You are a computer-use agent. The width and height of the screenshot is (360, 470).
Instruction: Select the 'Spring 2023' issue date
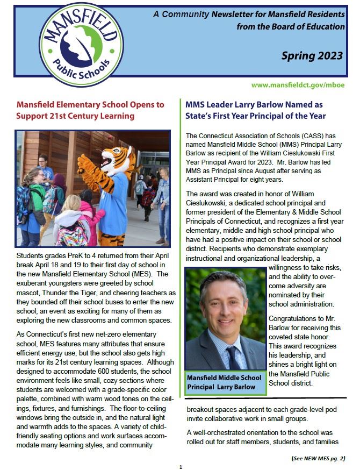coord(313,56)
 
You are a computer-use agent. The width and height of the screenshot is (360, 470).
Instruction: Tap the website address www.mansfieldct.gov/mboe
coord(298,86)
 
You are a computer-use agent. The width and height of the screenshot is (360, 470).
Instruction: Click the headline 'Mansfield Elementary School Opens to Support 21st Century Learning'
coord(90,110)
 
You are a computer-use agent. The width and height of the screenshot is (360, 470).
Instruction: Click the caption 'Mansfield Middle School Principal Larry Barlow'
coord(224,381)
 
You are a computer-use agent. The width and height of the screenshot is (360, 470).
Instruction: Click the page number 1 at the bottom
coord(181,466)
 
